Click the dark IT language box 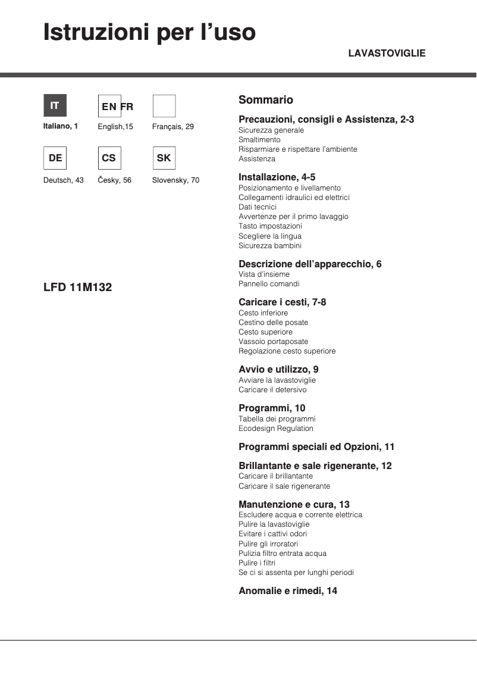tap(55, 106)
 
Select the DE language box tap(55, 158)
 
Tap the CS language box tap(109, 158)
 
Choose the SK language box tap(164, 158)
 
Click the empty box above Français tap(164, 106)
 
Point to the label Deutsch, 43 tap(64, 180)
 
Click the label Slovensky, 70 tap(175, 180)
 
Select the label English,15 tap(115, 127)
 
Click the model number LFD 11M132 tap(77, 287)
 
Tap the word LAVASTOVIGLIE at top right tap(387, 54)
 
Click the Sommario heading tap(266, 100)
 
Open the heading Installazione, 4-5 tap(277, 177)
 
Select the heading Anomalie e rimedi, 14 tap(288, 590)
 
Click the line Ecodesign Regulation tap(275, 429)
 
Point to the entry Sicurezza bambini tap(269, 246)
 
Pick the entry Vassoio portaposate tap(273, 342)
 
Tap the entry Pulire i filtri tap(257, 563)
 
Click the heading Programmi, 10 tap(272, 408)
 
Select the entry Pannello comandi tap(269, 284)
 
